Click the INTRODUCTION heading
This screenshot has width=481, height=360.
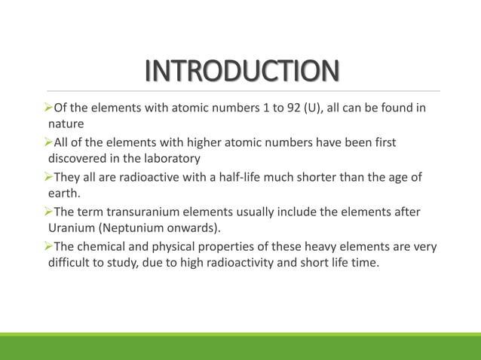[241, 72]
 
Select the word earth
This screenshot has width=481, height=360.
[63, 193]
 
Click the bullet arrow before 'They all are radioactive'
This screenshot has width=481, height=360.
[50, 177]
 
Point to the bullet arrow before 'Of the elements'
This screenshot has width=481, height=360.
[50, 108]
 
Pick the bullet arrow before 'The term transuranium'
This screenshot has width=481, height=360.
[50, 212]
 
